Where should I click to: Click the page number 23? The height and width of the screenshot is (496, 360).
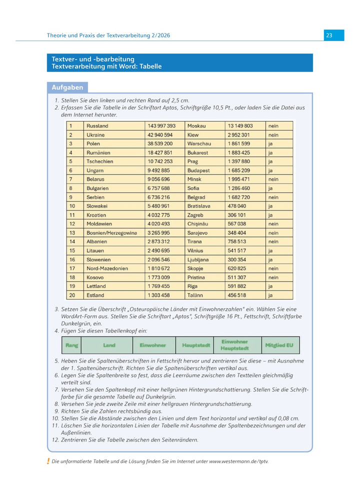click(329, 35)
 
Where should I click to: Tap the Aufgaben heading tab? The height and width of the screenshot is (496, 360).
click(67, 87)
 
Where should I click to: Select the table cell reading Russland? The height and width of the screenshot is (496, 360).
click(98, 126)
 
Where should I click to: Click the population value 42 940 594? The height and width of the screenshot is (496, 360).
click(160, 135)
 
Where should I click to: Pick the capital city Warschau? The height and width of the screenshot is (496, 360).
click(199, 144)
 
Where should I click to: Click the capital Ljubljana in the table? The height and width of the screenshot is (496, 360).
click(198, 259)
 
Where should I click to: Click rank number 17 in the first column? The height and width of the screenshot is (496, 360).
click(72, 268)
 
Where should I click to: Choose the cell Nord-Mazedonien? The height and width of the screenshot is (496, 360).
click(107, 268)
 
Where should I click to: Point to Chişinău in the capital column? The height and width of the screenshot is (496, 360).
click(198, 224)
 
